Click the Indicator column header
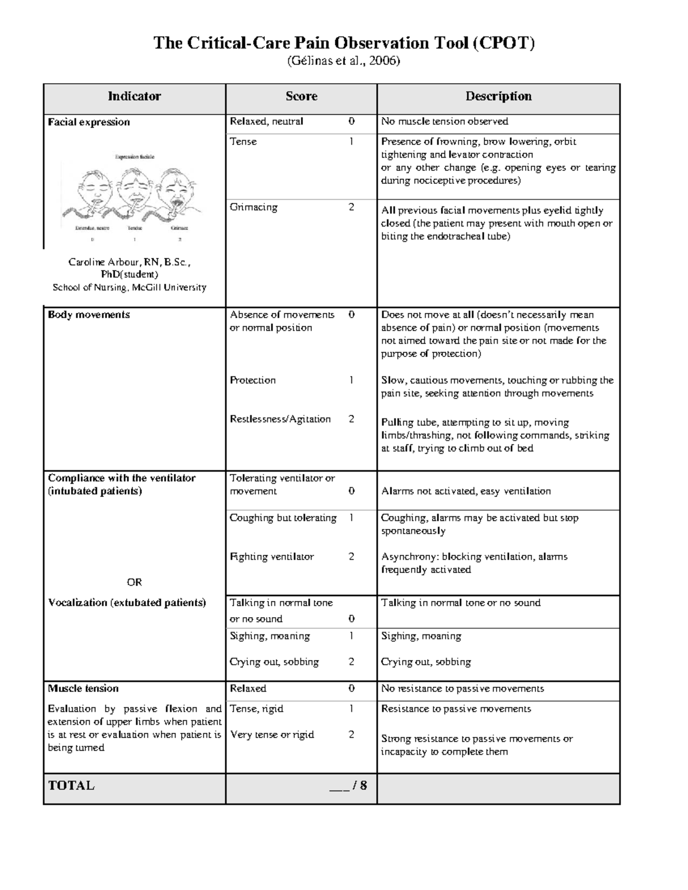point(134,96)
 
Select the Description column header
point(498,96)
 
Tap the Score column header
point(302,96)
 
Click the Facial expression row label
point(89,122)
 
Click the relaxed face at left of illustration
point(93,194)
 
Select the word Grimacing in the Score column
point(253,207)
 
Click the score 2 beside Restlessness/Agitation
point(351,419)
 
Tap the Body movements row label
point(89,315)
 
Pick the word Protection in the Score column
point(252,380)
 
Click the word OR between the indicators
point(134,582)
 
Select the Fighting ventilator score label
point(272,556)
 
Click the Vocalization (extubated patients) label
point(127,602)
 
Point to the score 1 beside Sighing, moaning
point(351,636)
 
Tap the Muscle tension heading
point(83,688)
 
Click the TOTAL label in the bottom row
point(71,785)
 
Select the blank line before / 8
point(339,786)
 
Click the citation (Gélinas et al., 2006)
point(343,61)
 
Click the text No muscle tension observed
point(444,121)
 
